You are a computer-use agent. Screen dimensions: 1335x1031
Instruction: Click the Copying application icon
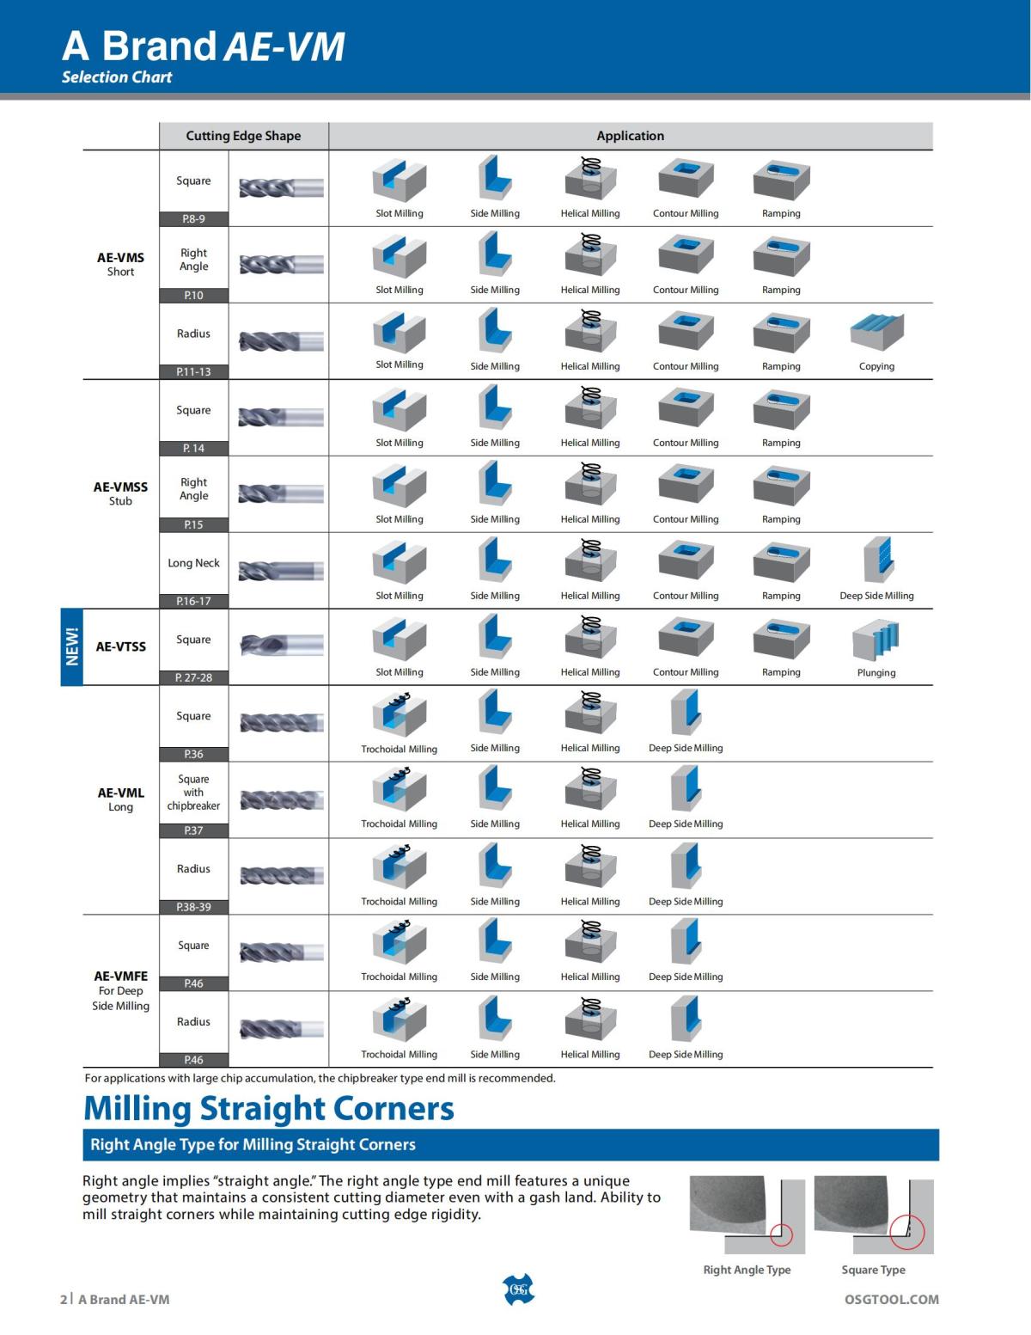tap(876, 331)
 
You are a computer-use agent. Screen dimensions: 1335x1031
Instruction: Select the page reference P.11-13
tap(193, 371)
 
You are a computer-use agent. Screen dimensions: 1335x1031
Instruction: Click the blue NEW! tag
tap(72, 646)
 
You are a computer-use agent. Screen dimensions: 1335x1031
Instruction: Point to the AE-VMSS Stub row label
tap(120, 493)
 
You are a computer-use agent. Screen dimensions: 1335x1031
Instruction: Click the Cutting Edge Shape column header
tap(243, 136)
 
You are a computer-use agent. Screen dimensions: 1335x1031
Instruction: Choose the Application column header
tap(630, 136)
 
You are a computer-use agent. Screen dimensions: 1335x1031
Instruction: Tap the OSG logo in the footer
tap(517, 1289)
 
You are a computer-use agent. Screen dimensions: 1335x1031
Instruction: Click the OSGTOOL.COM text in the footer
tap(891, 1299)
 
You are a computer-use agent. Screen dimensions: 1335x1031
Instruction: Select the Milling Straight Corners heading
tap(269, 1108)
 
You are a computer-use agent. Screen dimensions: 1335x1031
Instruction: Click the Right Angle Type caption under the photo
tap(747, 1270)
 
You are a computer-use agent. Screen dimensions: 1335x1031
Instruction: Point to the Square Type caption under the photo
tap(873, 1270)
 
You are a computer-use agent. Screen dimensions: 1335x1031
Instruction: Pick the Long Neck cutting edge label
tap(193, 563)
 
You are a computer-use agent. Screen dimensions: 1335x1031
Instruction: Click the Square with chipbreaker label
tap(193, 793)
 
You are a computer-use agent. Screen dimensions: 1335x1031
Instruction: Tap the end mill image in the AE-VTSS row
tap(281, 646)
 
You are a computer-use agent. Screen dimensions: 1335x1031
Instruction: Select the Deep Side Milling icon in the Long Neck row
tap(877, 560)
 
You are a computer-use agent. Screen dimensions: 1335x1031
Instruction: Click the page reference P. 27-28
tap(193, 677)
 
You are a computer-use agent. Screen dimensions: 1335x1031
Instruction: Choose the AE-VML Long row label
tap(120, 799)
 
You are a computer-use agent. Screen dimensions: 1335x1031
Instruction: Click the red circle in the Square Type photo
tap(906, 1232)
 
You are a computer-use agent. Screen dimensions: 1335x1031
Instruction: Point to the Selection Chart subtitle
tap(117, 77)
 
